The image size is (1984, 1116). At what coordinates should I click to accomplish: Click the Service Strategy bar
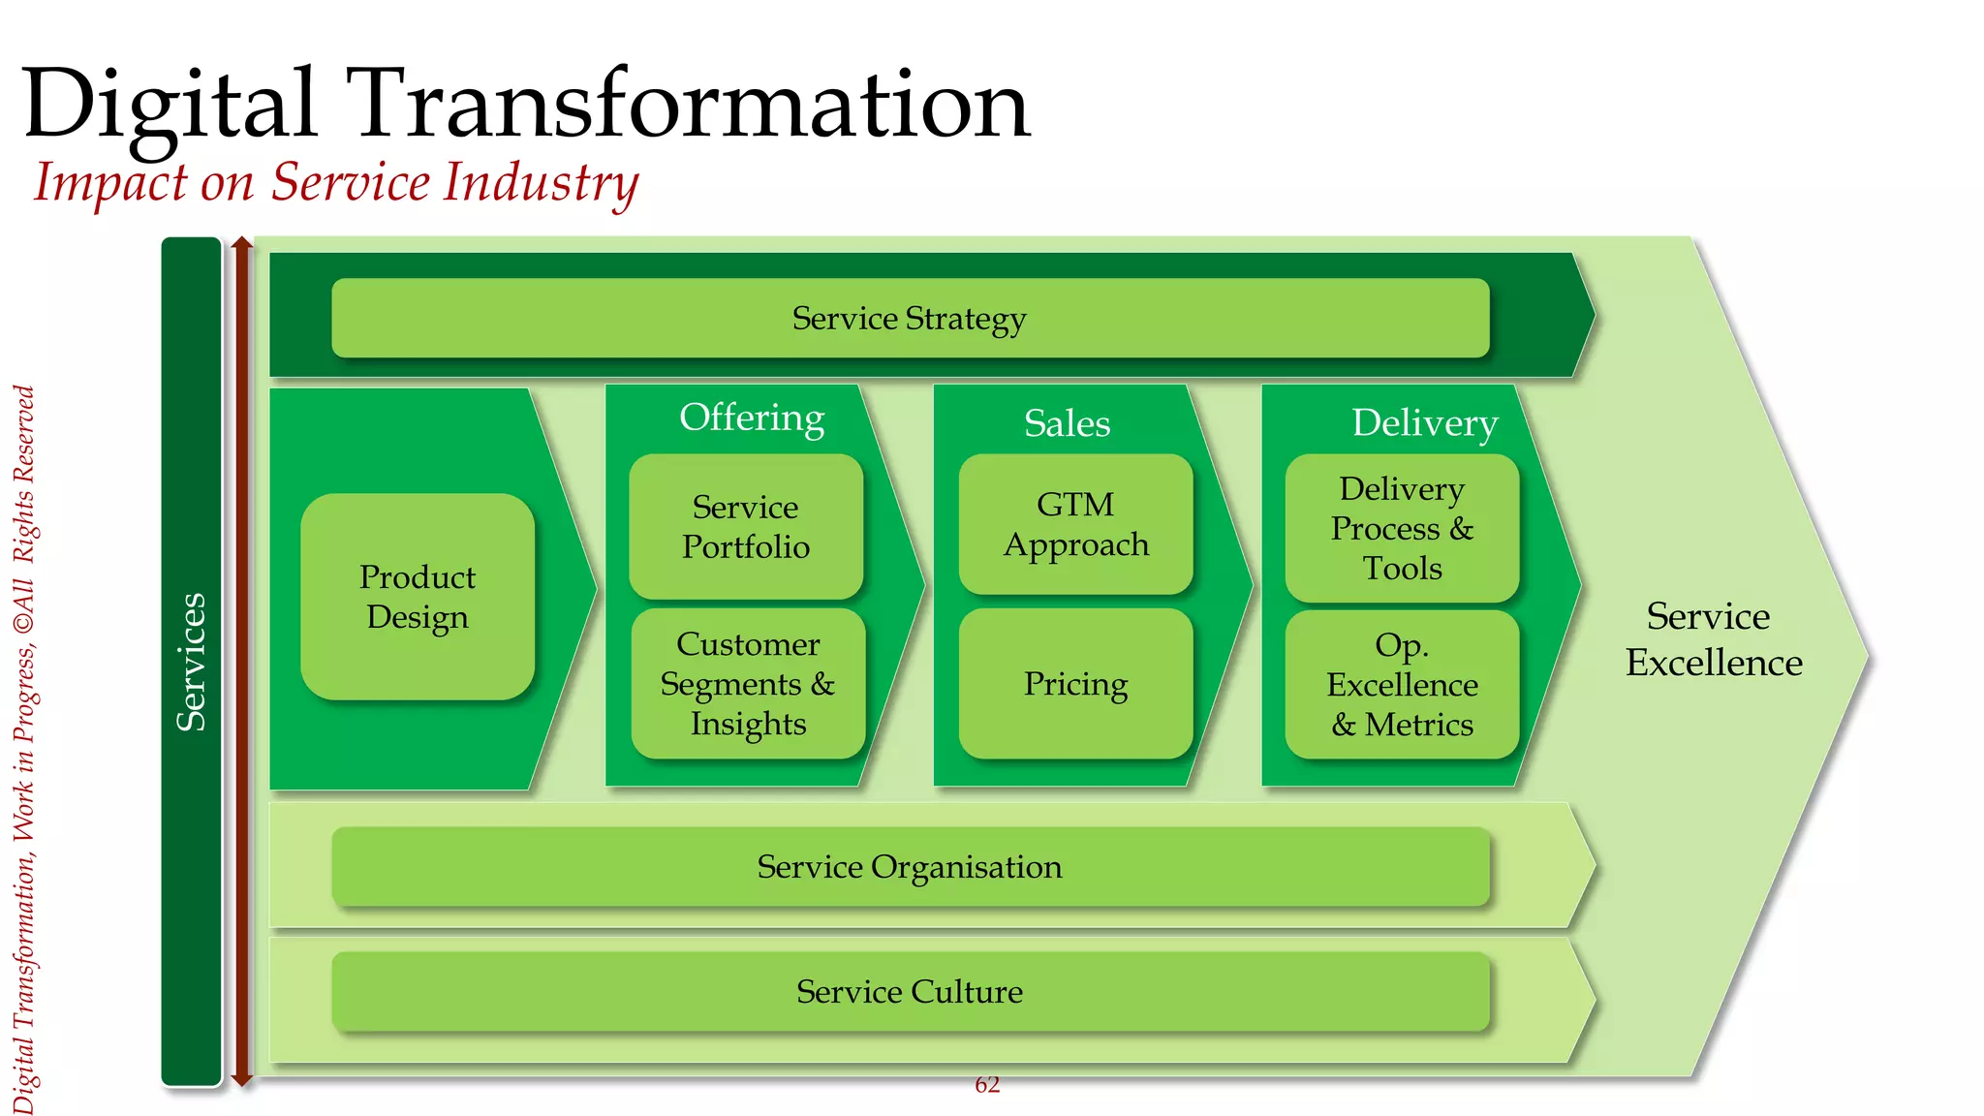(910, 318)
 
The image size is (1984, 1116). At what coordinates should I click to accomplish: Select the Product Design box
(418, 597)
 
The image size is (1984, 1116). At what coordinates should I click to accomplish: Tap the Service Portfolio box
(746, 526)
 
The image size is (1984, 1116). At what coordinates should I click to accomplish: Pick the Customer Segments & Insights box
(748, 684)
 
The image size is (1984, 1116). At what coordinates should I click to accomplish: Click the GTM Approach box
(1075, 524)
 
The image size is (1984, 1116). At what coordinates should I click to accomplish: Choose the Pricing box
(1075, 684)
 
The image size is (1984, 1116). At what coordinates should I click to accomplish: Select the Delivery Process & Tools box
(1402, 528)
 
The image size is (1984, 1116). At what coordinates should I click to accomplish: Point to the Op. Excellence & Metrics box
(1402, 685)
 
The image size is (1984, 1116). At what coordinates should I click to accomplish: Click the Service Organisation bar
(910, 866)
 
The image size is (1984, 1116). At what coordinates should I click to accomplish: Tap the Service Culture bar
(910, 991)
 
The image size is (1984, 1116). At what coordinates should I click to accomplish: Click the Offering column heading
(752, 418)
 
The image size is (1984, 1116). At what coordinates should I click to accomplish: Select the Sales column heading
(1067, 423)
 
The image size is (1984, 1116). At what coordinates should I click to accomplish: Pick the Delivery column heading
(1424, 423)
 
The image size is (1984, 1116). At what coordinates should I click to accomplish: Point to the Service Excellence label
(1713, 639)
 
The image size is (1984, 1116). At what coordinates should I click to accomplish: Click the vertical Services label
(192, 662)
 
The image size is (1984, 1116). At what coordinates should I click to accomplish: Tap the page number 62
(987, 1085)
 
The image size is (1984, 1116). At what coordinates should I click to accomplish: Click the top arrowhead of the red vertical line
(242, 242)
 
